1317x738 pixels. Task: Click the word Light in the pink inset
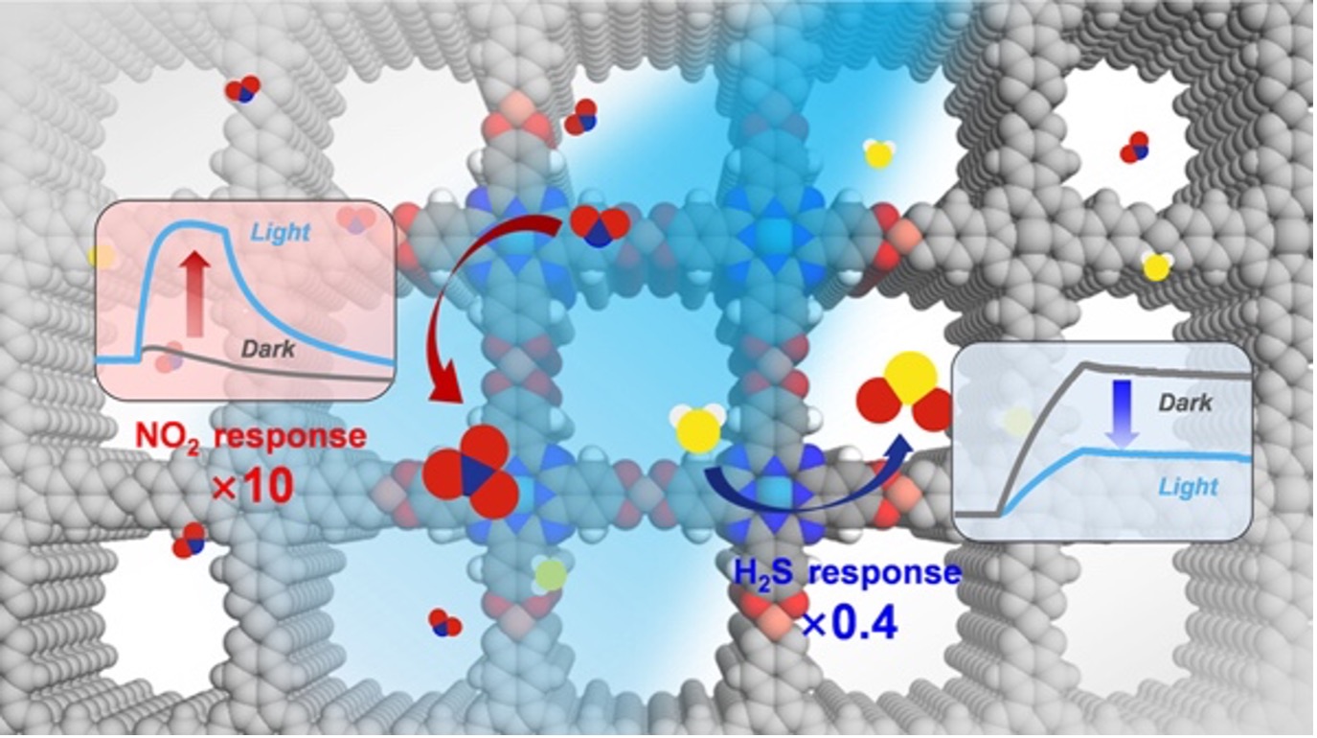point(281,232)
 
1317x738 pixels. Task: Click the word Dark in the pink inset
point(268,350)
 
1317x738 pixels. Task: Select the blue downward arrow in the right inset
point(1122,412)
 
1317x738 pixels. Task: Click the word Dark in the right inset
point(1185,403)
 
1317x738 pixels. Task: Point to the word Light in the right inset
point(1189,487)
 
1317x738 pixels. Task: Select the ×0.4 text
point(849,623)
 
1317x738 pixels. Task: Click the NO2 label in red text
point(168,438)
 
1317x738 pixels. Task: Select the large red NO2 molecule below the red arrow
point(471,472)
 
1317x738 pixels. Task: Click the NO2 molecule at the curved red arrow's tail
point(601,226)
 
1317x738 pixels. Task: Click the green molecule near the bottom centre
point(550,574)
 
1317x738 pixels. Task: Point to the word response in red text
point(290,438)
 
